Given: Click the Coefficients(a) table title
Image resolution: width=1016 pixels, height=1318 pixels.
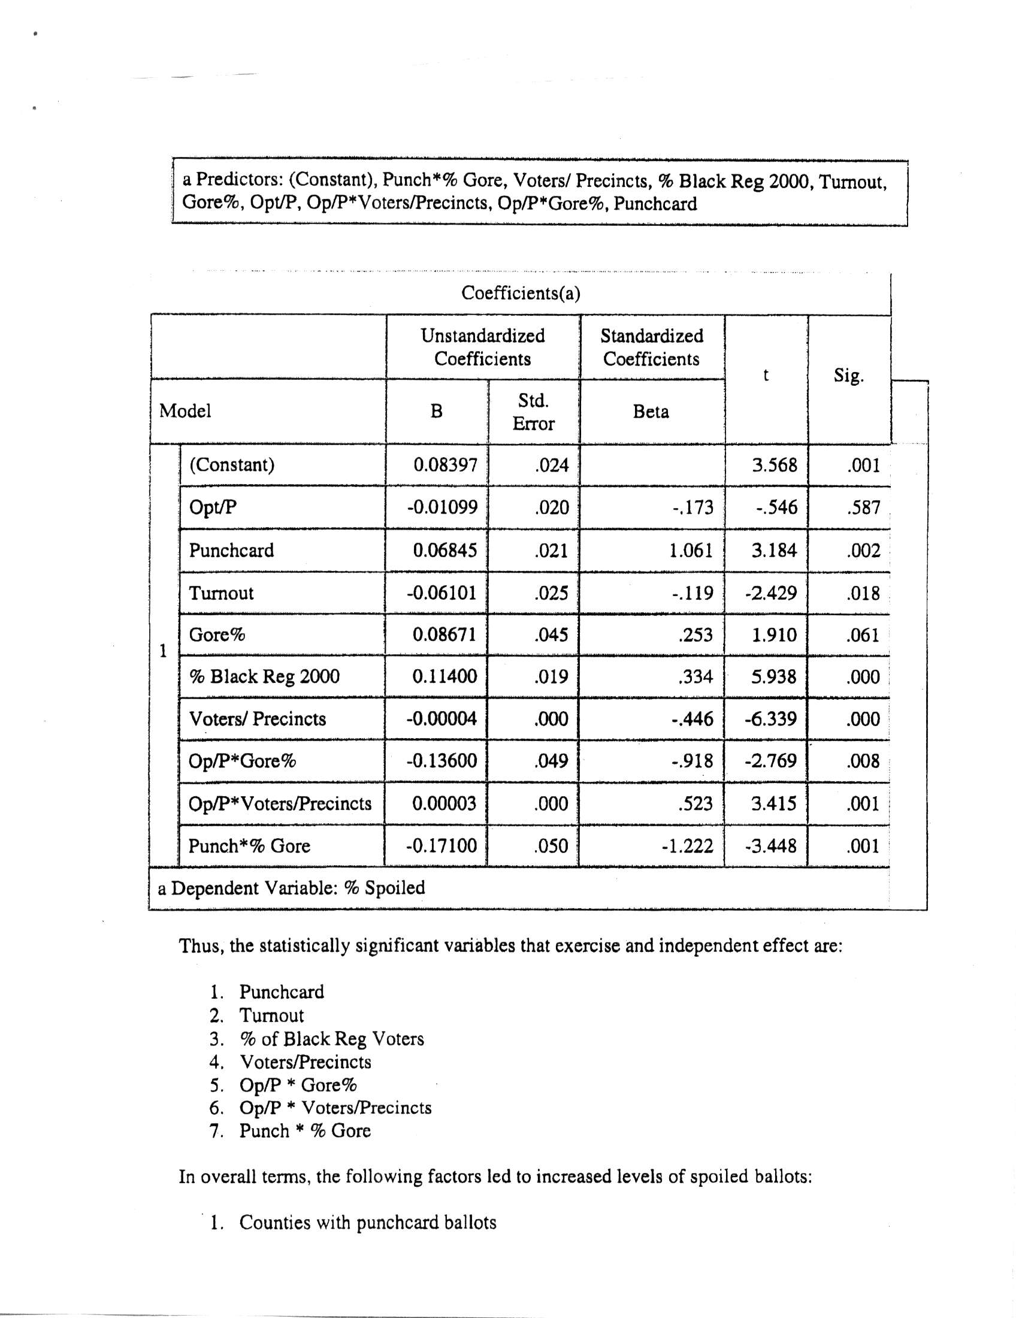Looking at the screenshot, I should tap(520, 294).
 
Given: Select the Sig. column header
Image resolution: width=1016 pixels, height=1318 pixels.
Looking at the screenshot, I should tap(848, 376).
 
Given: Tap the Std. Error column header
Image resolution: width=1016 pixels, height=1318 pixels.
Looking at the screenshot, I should tap(533, 412).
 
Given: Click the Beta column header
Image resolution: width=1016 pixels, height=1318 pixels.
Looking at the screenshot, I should tap(651, 412).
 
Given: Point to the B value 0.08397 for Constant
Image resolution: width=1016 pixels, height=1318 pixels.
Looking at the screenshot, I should tap(445, 465).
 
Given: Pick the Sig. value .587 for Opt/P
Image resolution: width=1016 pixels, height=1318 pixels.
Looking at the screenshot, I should tap(863, 507).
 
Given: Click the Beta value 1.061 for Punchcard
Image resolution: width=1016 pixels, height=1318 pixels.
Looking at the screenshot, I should tap(691, 551).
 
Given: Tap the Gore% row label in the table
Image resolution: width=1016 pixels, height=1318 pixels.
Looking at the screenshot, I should tap(217, 635).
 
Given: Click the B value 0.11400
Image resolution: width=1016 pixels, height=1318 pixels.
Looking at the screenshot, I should tap(444, 676).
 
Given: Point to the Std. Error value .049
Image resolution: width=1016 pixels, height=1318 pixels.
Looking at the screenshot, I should tap(551, 761).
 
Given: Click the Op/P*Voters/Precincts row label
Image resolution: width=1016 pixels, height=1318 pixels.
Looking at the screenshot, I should tap(280, 804).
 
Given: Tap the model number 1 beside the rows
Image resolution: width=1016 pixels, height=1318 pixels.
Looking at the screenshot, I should tap(162, 651).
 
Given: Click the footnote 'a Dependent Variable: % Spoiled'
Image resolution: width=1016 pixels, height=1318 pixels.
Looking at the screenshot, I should tap(291, 888).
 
